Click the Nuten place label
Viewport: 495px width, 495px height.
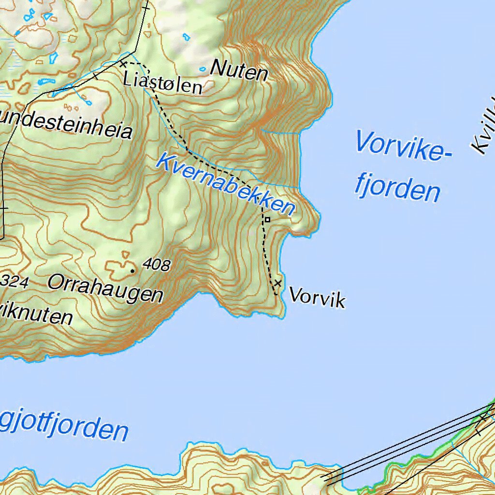[239, 71]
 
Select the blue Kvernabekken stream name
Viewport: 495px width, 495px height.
[225, 185]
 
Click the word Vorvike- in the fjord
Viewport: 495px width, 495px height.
[404, 146]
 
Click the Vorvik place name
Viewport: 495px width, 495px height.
[317, 297]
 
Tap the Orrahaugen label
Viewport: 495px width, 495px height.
[105, 289]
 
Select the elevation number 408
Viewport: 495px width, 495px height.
[157, 264]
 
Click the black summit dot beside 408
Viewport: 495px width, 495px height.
[132, 271]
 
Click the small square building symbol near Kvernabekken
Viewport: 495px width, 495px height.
[267, 220]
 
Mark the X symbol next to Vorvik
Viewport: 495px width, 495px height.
[277, 283]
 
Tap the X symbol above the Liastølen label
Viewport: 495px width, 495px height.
[123, 64]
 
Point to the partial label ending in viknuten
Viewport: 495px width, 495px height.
[36, 315]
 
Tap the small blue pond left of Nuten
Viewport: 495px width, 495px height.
[203, 70]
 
